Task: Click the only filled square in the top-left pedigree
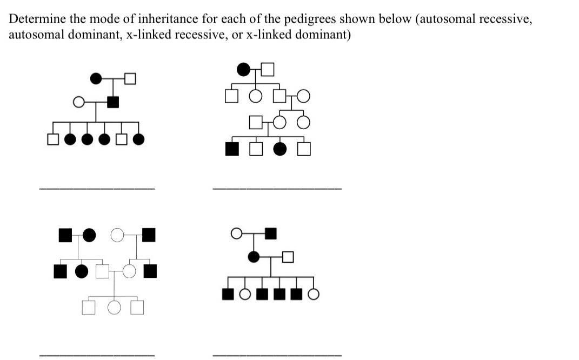114,101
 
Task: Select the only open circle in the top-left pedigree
79,101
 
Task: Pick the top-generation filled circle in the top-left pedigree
96,78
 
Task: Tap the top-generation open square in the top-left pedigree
130,78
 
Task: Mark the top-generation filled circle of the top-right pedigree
244,69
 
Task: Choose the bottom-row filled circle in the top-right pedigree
280,149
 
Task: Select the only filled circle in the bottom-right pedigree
253,257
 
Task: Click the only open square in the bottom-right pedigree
288,257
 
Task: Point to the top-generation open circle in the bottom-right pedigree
236,234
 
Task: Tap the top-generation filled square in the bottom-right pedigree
271,234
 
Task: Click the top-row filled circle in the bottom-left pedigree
89,235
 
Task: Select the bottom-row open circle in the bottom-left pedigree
114,308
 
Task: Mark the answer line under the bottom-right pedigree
277,355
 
